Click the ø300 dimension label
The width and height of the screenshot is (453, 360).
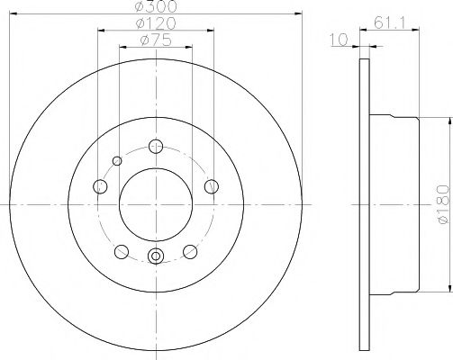pyautogui.click(x=155, y=6)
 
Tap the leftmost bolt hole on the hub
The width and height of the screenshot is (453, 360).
pyautogui.click(x=99, y=186)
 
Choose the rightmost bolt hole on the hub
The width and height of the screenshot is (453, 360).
pyautogui.click(x=212, y=186)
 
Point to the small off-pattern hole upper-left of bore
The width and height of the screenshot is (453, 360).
pyautogui.click(x=116, y=161)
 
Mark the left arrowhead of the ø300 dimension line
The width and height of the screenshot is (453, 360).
pyautogui.click(x=13, y=14)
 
